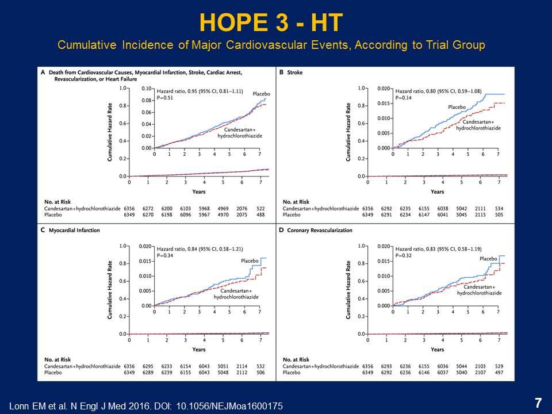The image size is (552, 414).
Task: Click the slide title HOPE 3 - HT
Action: [271, 23]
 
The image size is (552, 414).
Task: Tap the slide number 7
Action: [538, 403]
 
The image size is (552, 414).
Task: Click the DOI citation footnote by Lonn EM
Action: [147, 406]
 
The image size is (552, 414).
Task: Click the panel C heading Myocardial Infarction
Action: [67, 231]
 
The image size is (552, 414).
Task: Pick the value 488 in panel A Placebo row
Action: [260, 214]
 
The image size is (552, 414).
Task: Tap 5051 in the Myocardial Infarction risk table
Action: [223, 366]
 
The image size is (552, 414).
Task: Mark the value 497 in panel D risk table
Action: [499, 372]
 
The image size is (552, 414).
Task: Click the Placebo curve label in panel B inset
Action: [457, 107]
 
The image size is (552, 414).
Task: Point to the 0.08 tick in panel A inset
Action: [148, 101]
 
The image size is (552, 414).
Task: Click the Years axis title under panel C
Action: [199, 349]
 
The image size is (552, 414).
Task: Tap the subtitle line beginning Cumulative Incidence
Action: [271, 44]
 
